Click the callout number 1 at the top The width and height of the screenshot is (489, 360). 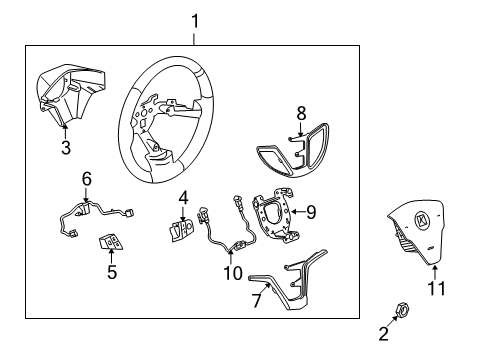click(195, 20)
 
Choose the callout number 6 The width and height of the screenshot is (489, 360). click(87, 177)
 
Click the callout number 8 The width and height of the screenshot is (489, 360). click(301, 114)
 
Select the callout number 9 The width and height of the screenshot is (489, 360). click(311, 211)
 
